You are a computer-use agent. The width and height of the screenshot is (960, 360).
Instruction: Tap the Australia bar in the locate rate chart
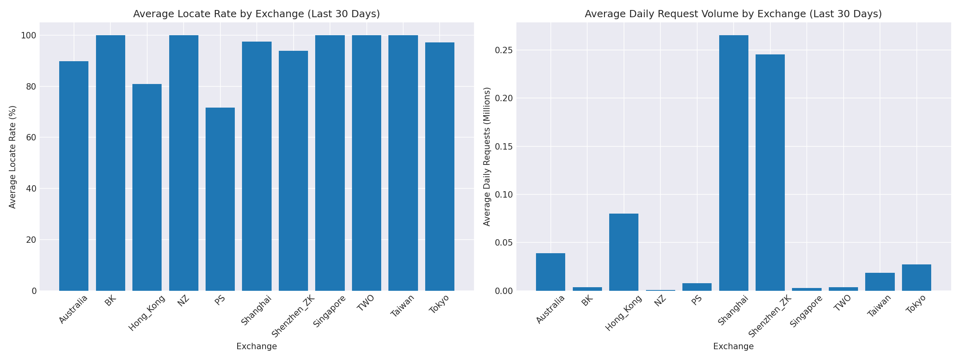click(74, 176)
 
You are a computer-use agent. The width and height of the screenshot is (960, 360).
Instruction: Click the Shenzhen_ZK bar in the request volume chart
click(770, 172)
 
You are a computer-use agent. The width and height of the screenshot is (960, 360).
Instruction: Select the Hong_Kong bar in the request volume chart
click(624, 252)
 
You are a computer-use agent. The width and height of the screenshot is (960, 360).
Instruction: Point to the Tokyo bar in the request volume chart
click(916, 278)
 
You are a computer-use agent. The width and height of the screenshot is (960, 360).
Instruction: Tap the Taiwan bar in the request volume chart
click(880, 282)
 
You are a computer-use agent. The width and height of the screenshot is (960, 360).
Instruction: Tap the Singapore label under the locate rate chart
click(329, 311)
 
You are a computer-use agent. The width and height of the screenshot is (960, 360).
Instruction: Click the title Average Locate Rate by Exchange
click(256, 14)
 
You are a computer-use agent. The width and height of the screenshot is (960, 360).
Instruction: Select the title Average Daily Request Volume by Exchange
click(733, 14)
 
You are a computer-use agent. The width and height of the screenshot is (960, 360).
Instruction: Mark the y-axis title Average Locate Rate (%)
click(13, 157)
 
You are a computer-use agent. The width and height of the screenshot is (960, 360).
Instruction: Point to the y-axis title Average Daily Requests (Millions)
click(487, 157)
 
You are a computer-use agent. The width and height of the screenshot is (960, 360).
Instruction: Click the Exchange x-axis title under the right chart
click(733, 346)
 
